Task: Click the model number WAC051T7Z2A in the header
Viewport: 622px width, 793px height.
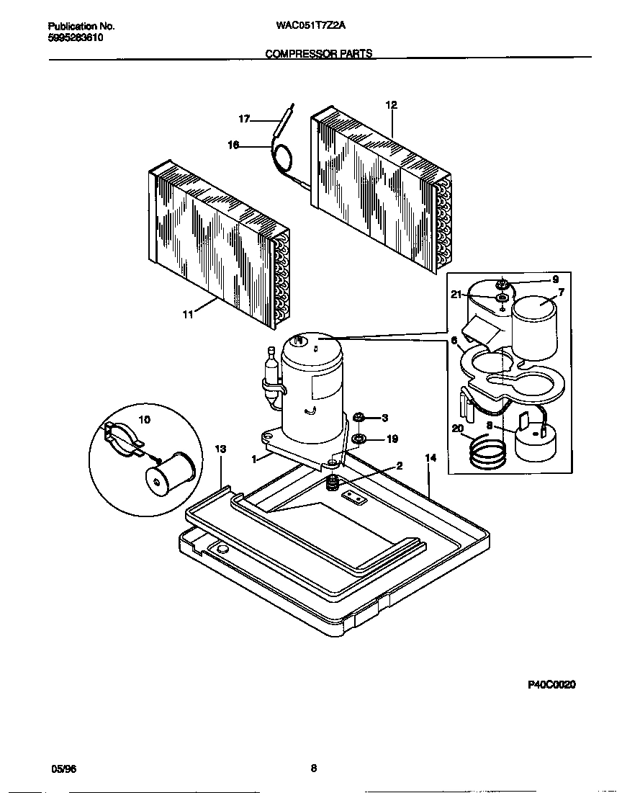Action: [311, 26]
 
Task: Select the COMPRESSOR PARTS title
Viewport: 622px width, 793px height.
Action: [319, 54]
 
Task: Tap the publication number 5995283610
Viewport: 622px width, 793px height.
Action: [70, 37]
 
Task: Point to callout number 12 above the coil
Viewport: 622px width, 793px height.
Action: [391, 104]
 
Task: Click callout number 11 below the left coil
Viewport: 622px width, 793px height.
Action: [187, 315]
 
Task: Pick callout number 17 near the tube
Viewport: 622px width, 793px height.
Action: [244, 119]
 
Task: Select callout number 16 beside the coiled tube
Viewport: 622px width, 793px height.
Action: [233, 145]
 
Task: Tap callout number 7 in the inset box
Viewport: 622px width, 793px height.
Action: [561, 293]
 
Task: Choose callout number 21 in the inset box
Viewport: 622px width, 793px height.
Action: [456, 294]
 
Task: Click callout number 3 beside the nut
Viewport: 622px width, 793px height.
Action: [384, 418]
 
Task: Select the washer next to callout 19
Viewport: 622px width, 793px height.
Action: [359, 438]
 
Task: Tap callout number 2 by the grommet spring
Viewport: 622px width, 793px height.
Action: [399, 465]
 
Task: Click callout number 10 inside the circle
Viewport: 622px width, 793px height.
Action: [144, 420]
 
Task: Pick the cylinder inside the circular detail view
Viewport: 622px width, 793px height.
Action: [169, 475]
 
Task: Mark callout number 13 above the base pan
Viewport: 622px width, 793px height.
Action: [220, 449]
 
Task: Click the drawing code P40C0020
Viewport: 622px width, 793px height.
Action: [552, 685]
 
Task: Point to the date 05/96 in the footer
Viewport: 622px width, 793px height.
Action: [63, 769]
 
